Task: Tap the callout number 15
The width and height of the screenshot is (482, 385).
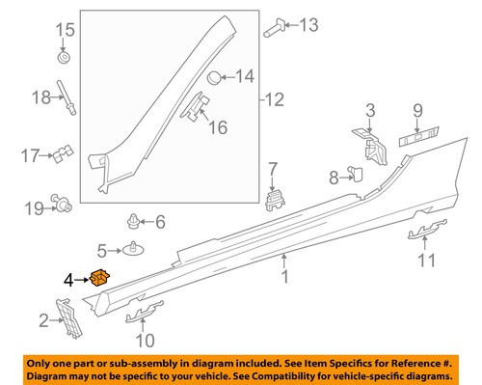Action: coord(64,31)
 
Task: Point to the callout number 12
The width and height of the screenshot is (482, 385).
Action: coord(276,98)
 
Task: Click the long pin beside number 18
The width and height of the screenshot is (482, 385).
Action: coord(69,97)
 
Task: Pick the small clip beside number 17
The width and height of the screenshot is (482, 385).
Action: coord(65,152)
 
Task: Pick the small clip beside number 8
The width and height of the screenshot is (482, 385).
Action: coord(353,174)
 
